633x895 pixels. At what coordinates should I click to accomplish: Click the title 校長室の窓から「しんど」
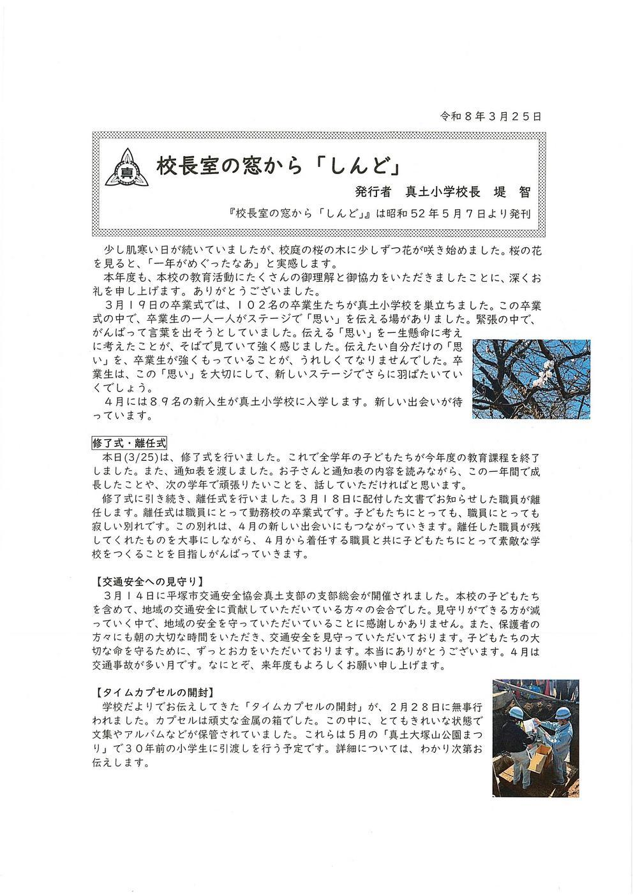278,167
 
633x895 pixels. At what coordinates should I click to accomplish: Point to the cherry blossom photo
530,379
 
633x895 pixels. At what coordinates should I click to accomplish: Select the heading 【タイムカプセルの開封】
153,691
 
